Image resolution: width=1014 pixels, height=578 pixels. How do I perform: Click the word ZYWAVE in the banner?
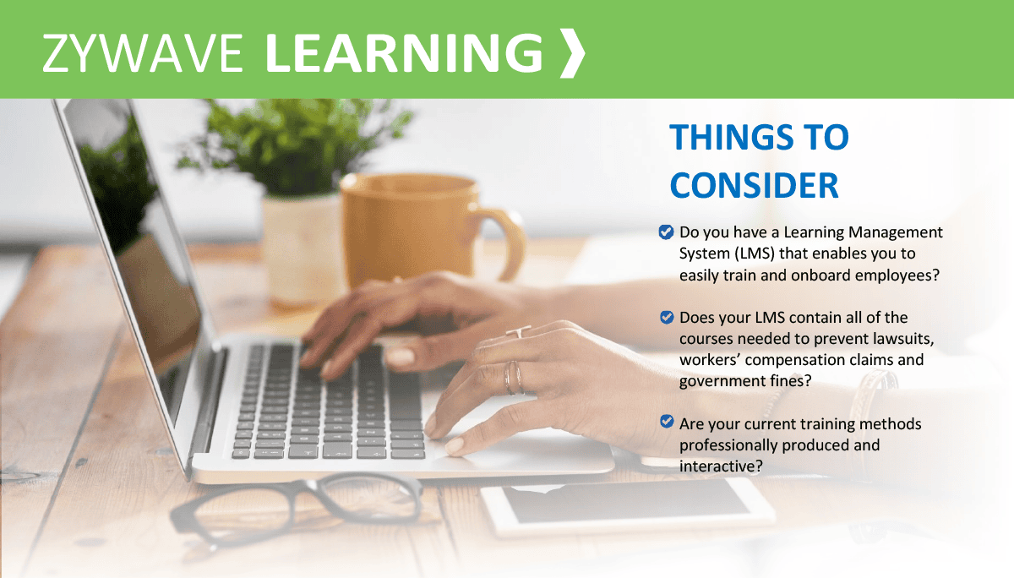pos(143,53)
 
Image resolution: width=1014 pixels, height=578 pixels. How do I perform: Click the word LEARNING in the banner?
pos(404,53)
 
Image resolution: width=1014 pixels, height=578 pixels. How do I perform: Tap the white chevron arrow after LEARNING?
pos(572,53)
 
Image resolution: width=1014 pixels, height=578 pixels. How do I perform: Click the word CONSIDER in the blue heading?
pos(754,186)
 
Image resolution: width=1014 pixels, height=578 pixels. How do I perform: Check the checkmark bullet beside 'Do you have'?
pos(666,232)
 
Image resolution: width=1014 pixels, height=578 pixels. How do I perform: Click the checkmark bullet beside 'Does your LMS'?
pos(667,317)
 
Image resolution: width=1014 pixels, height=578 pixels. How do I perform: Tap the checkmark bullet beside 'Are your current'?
pos(667,422)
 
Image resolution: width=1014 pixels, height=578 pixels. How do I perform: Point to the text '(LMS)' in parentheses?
pos(755,254)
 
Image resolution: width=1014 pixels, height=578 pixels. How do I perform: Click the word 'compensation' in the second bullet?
pos(793,360)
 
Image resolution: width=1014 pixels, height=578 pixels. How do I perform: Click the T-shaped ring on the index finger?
pos(519,331)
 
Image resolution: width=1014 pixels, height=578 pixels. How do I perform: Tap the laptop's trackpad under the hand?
pos(521,444)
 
